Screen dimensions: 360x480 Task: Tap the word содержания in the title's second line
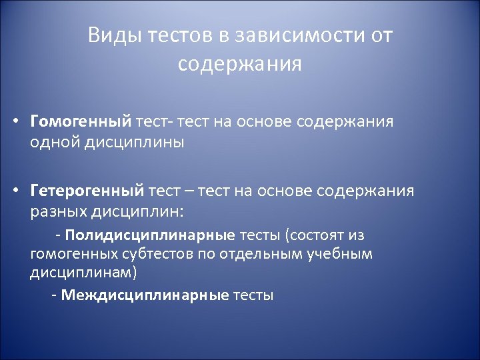240,64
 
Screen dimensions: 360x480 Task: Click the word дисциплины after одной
133,142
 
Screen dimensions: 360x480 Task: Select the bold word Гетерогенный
87,191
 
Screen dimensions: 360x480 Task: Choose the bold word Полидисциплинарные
150,235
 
